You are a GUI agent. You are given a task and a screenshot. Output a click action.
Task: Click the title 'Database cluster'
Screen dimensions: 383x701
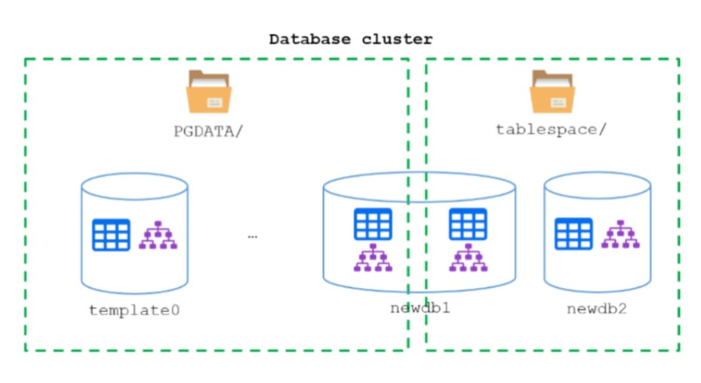351,39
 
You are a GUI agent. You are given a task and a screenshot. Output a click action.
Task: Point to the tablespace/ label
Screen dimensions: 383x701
551,129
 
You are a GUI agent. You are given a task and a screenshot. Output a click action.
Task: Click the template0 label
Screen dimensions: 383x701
134,310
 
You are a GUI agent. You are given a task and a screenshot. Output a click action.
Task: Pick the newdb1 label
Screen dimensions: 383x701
420,308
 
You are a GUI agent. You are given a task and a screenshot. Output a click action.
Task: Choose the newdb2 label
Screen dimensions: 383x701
596,309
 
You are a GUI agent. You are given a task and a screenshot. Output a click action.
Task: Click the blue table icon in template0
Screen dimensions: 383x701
111,235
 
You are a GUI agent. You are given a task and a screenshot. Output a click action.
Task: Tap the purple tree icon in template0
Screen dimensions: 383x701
158,235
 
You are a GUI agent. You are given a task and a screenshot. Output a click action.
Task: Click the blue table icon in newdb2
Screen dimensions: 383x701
573,233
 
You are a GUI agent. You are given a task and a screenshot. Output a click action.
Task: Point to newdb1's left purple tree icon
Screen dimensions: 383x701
373,258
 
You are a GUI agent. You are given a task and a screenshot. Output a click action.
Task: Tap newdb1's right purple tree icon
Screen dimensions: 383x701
468,258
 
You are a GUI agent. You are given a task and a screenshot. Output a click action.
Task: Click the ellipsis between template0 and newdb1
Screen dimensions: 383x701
252,236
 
